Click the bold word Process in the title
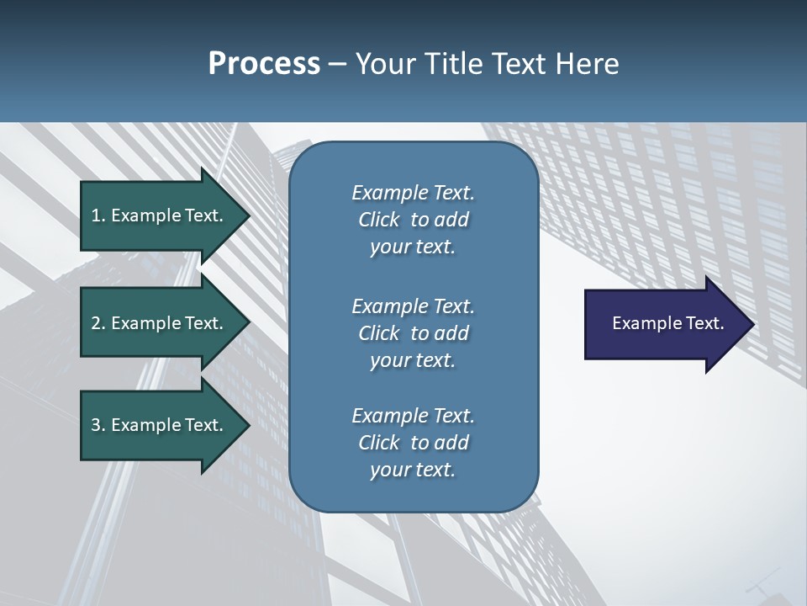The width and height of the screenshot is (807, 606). [x=264, y=64]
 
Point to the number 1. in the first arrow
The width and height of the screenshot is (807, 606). [x=98, y=215]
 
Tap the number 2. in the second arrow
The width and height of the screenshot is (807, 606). [x=98, y=323]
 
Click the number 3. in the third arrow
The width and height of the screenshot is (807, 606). [x=98, y=425]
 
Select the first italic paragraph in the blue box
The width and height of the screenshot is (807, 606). [x=413, y=220]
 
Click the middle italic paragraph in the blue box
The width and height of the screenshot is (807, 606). [x=413, y=332]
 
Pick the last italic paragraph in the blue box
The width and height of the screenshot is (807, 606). [x=413, y=443]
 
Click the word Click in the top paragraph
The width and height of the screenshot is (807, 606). [x=379, y=220]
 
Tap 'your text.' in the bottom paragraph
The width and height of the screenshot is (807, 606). [x=413, y=470]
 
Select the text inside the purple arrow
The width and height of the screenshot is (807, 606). [x=667, y=323]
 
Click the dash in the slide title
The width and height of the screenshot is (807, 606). [x=338, y=64]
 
